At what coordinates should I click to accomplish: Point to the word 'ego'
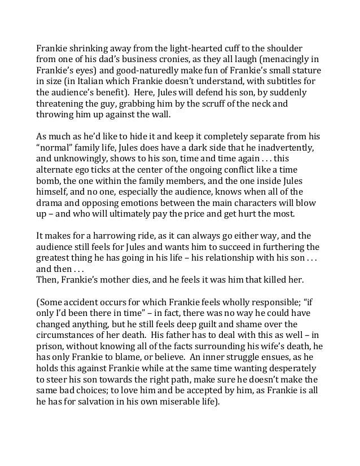(x=92, y=171)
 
